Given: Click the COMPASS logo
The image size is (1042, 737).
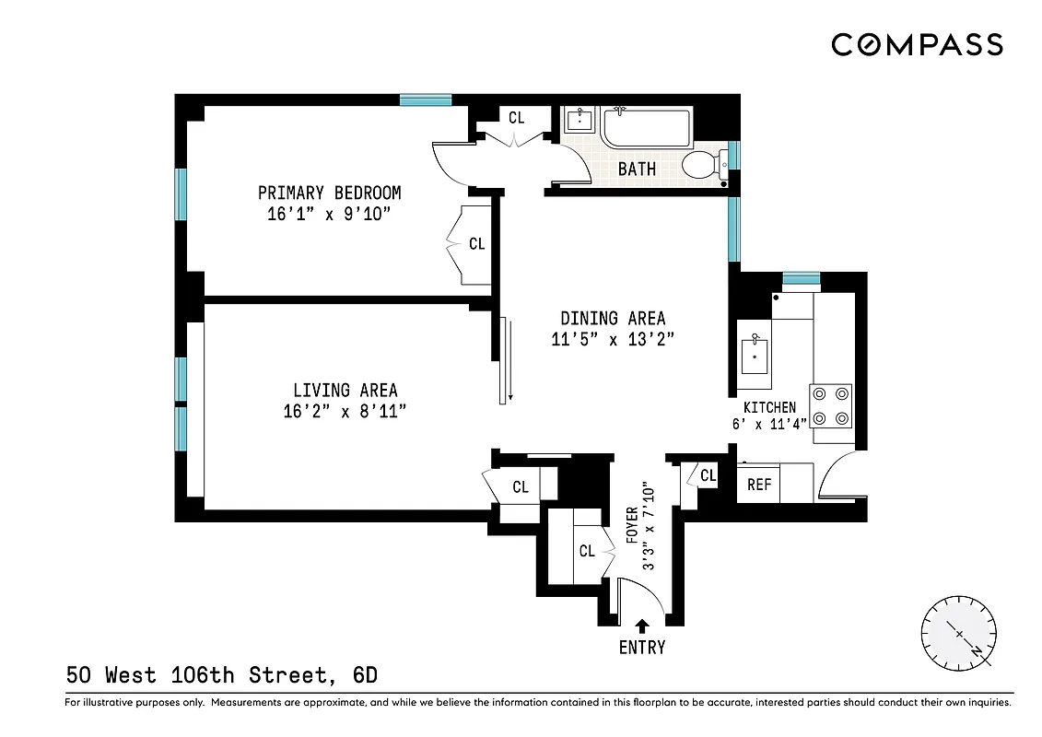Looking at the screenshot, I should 917,44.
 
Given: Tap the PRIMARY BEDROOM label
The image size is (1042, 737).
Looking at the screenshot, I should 329,193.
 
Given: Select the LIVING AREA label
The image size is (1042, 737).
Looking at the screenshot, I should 345,391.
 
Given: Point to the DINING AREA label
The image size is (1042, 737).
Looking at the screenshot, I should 613,319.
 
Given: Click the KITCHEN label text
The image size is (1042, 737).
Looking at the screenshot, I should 769,407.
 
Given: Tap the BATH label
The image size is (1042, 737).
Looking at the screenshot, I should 637,169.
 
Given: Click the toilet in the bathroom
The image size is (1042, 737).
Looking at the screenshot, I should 704,165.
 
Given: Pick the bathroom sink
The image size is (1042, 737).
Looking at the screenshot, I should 580,121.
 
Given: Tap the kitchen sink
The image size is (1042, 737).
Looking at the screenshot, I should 755,355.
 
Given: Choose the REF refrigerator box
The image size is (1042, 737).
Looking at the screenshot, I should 759,484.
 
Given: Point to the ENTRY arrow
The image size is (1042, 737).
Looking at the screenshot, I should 641,626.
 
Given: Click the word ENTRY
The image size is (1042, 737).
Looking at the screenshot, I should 641,648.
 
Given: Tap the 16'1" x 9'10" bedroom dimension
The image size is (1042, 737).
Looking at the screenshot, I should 329,214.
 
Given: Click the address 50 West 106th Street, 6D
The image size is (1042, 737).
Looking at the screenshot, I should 221,675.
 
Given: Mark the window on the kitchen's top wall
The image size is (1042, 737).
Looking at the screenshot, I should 801,277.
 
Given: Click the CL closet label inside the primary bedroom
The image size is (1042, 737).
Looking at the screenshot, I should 476,244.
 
